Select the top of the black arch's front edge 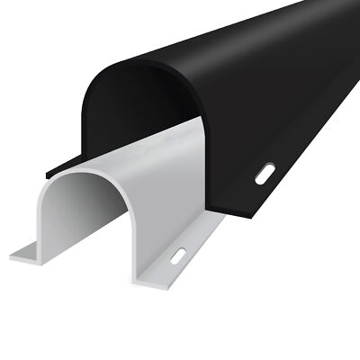(x=126, y=65)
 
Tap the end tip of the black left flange (x=46, y=169)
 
